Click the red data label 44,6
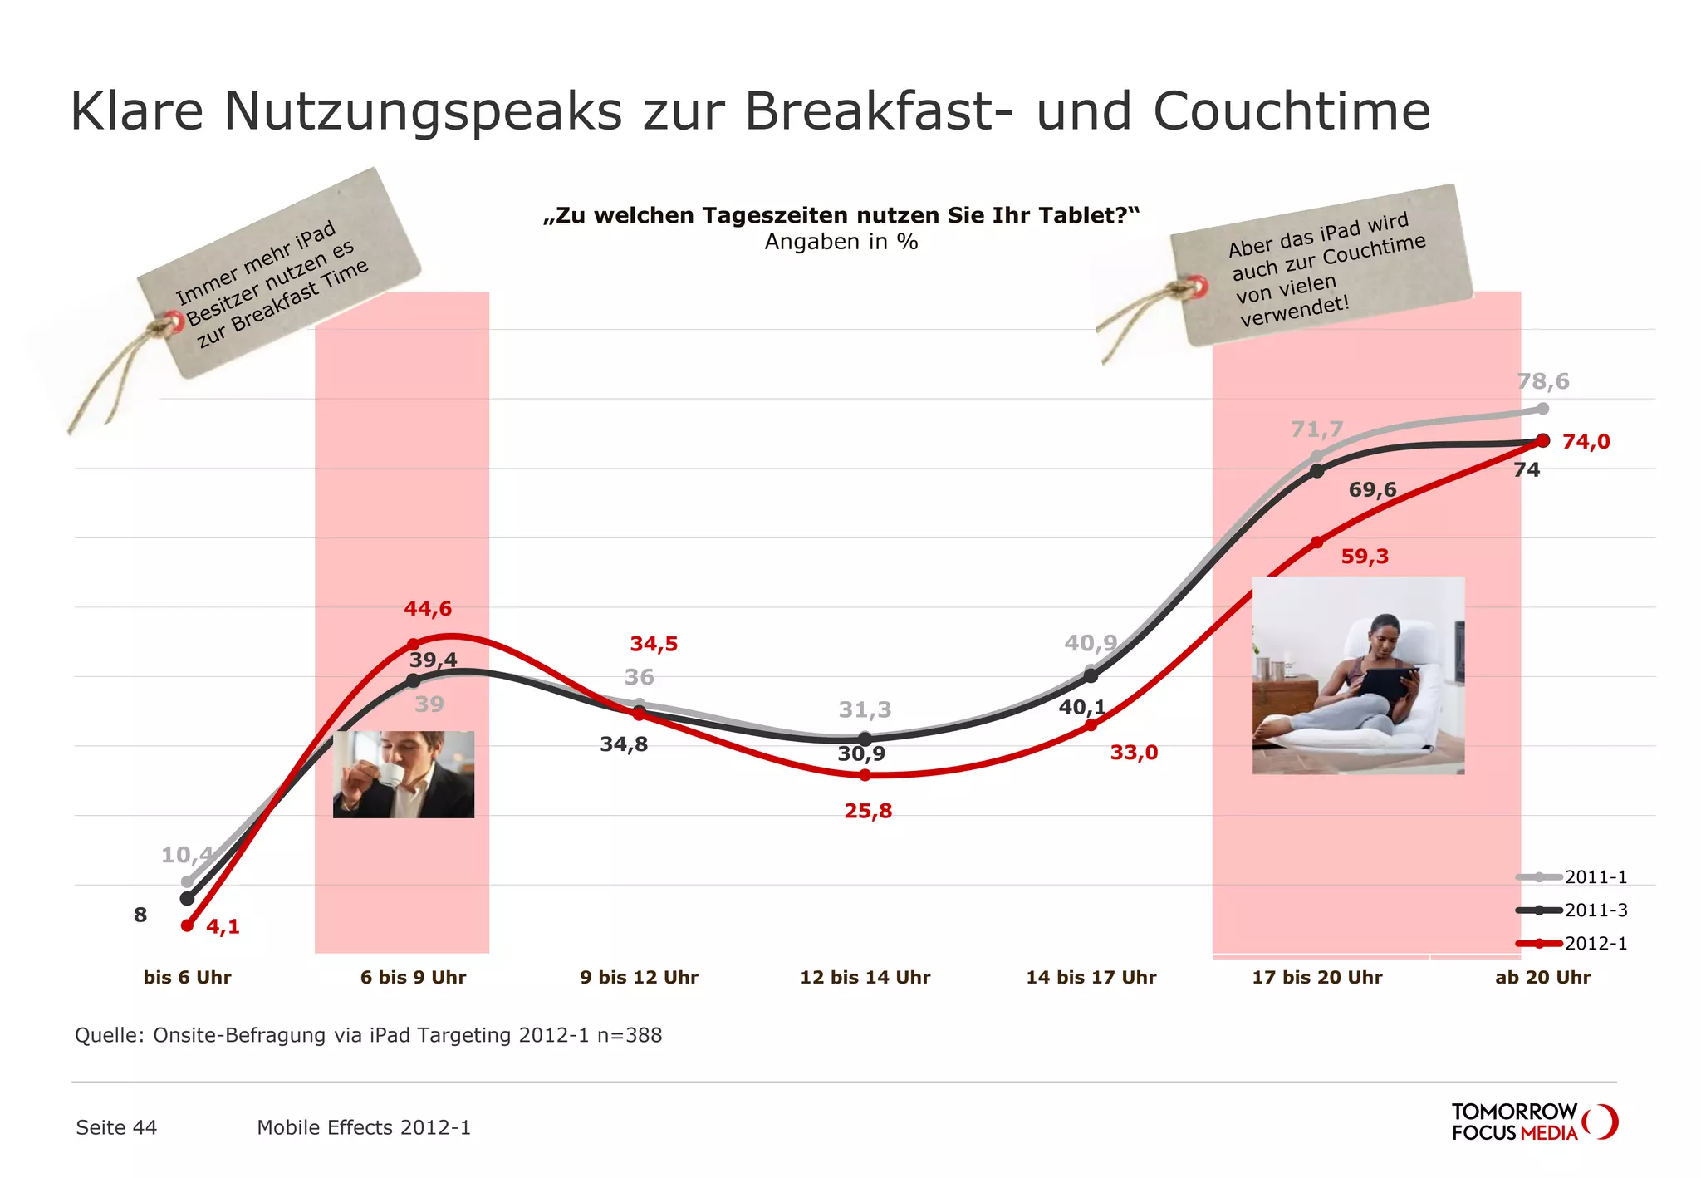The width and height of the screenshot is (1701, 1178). point(428,609)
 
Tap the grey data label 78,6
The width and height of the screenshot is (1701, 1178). point(1543,381)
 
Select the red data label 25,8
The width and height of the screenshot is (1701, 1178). point(868,811)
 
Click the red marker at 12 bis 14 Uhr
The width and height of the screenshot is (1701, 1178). point(865,775)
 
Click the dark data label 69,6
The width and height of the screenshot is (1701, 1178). point(1372,490)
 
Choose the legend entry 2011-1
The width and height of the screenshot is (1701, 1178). point(1595,877)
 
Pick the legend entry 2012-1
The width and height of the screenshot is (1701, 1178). point(1595,944)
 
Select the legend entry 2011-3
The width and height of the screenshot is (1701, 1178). point(1595,910)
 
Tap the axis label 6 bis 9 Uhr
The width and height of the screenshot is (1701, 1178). point(413,978)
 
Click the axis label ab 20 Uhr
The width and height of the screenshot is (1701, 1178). point(1542,978)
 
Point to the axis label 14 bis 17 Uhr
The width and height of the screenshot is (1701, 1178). point(1091,978)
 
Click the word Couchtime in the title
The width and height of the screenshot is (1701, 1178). point(1292,110)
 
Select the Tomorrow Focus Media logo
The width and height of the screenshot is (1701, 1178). point(1533,1122)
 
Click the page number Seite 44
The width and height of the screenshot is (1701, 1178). point(116,1127)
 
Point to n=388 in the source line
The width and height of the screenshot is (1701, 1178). point(630,1036)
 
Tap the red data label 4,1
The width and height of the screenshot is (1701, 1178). point(223,927)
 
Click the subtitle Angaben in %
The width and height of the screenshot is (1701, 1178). point(841,243)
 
